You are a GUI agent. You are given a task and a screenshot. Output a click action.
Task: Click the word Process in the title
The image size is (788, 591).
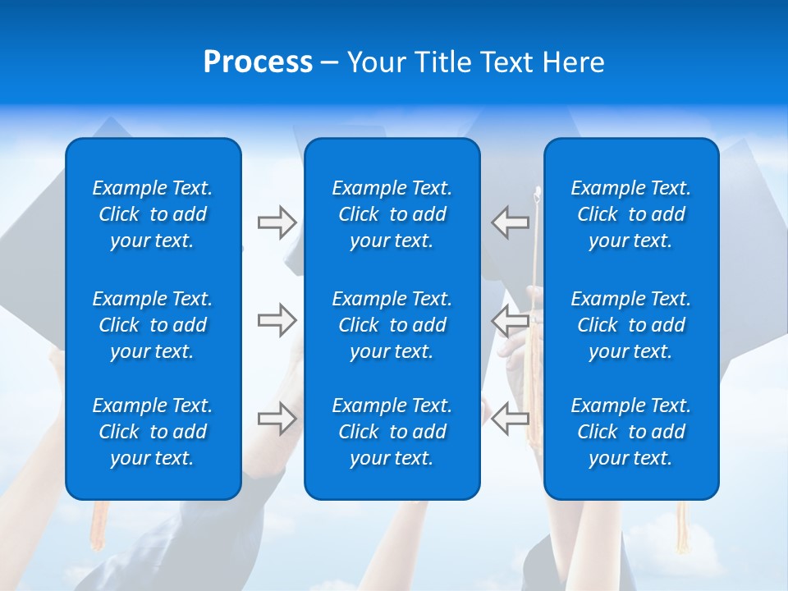258,62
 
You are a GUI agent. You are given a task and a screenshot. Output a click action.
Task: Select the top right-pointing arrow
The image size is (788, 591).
277,222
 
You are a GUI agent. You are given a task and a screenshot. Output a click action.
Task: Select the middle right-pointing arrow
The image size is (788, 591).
277,319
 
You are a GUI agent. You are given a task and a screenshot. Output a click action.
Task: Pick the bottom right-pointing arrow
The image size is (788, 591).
277,419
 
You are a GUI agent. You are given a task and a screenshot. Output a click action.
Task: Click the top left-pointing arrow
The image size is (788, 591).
510,222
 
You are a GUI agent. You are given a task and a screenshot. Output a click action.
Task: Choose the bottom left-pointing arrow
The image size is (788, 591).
510,418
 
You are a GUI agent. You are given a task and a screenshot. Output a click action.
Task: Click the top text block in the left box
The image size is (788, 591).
153,214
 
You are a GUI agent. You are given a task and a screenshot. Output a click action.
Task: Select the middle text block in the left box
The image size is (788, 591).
153,325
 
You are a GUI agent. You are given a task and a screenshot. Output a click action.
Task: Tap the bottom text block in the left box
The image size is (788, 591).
153,432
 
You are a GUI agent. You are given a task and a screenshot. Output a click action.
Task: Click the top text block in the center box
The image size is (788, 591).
392,214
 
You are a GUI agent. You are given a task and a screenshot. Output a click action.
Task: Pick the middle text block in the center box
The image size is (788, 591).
392,325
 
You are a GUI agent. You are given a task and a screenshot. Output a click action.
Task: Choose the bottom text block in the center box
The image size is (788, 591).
392,432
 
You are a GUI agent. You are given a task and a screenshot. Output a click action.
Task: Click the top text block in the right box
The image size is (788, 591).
631,214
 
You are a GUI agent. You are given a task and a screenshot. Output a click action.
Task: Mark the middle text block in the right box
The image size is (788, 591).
631,325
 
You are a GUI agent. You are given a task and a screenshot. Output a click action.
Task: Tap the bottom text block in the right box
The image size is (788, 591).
631,432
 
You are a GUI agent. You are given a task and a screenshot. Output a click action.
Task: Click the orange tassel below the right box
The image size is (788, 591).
682,525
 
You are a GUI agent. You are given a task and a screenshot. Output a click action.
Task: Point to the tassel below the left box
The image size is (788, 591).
100,525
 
